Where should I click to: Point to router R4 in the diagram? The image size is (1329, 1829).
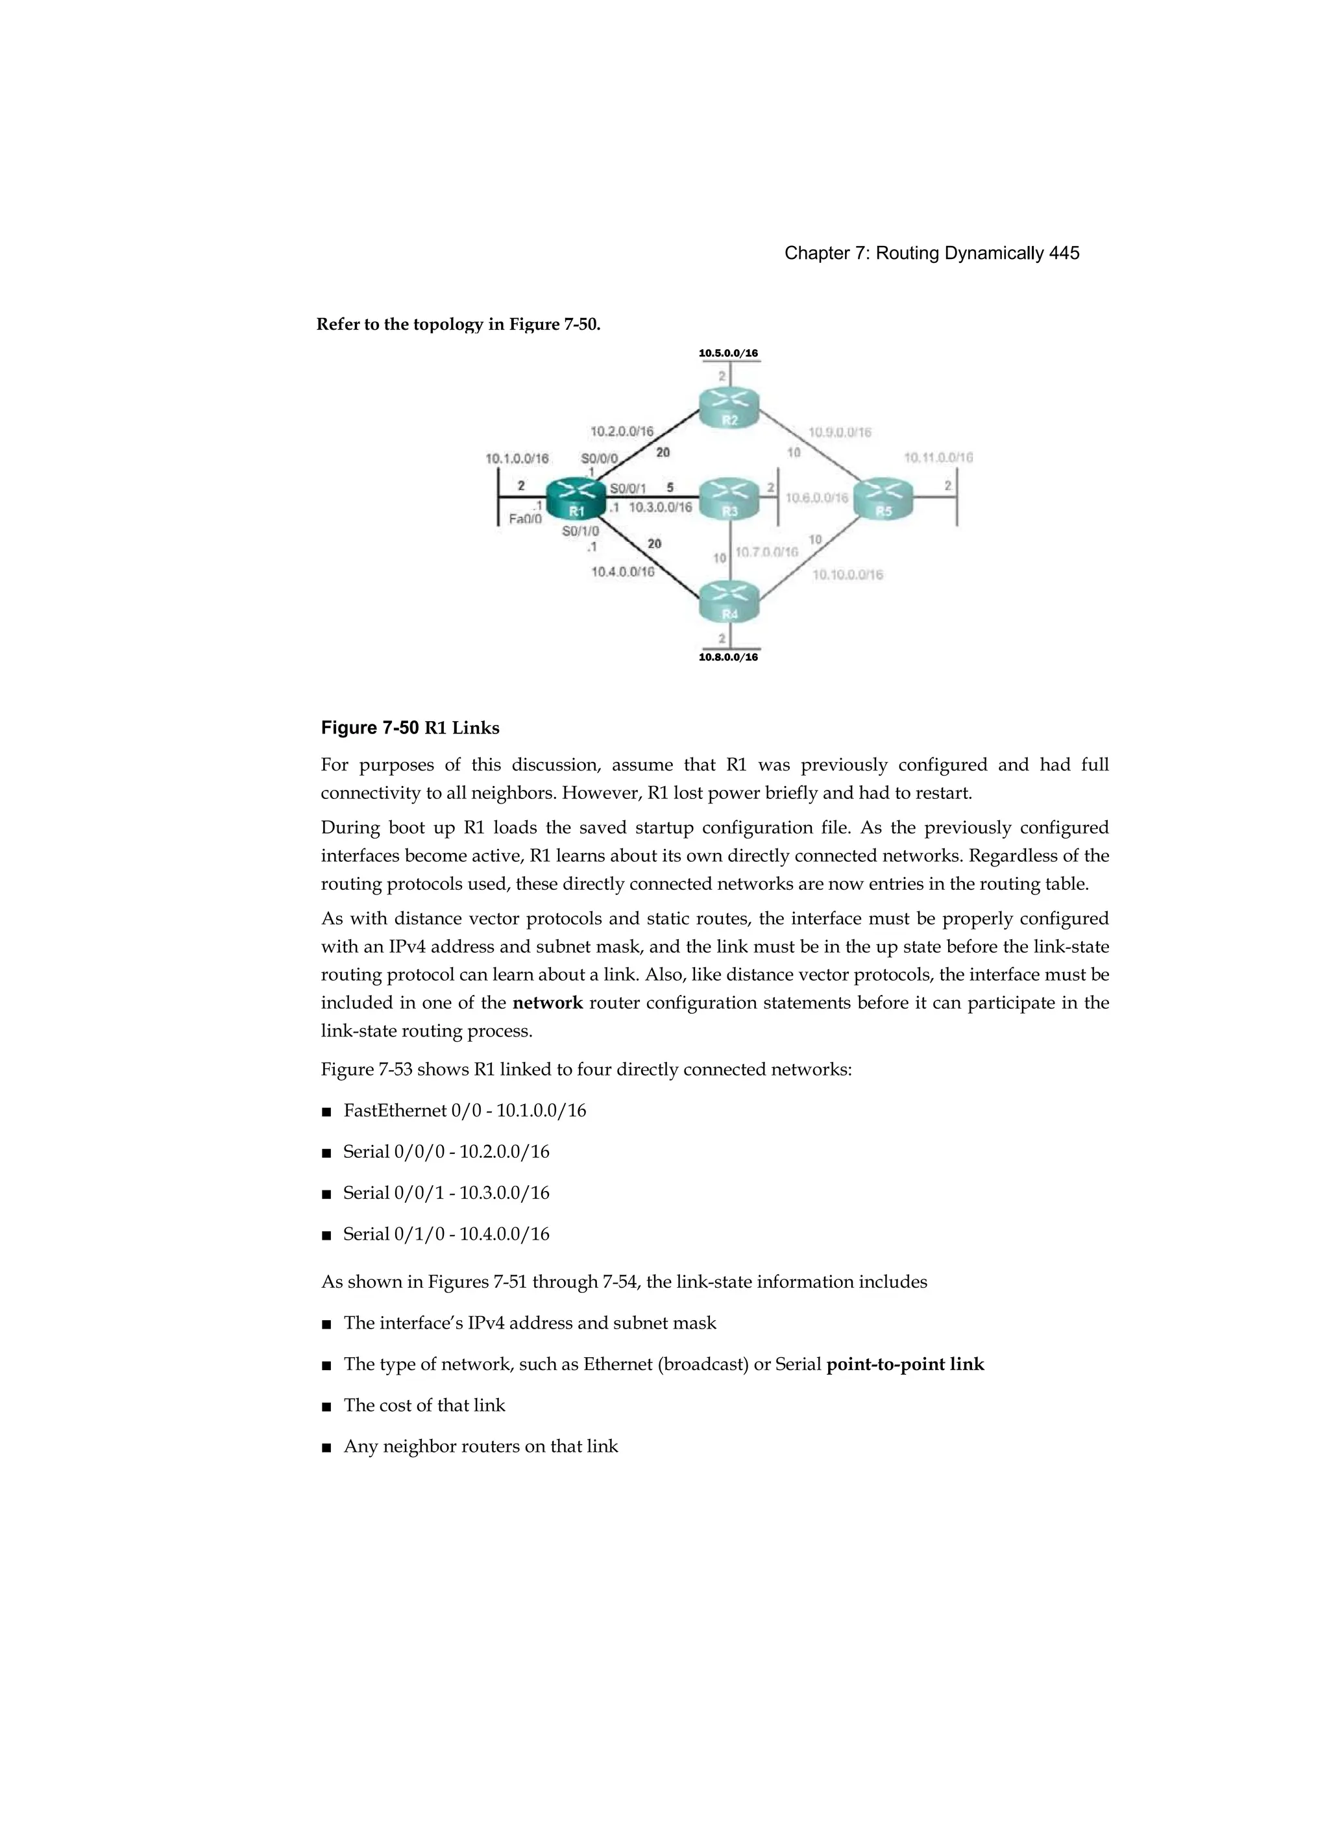click(x=729, y=602)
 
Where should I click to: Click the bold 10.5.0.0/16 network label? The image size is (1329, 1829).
click(x=728, y=353)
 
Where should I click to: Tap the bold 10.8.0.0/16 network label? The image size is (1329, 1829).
click(x=728, y=657)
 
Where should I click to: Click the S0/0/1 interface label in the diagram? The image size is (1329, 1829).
click(x=628, y=488)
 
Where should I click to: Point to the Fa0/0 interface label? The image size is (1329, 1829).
click(x=525, y=519)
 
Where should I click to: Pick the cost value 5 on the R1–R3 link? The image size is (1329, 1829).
click(x=670, y=487)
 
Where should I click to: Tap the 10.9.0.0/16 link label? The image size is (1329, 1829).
click(x=840, y=432)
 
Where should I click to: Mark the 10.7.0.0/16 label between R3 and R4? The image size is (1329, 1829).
click(x=767, y=552)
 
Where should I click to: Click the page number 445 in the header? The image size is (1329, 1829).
click(x=1064, y=253)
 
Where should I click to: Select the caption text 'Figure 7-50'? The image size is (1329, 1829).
click(x=369, y=728)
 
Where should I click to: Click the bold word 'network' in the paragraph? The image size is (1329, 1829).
click(x=548, y=1003)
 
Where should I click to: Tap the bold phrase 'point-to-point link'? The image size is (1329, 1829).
click(x=905, y=1364)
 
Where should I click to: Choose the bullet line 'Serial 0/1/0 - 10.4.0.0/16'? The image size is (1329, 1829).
click(x=446, y=1234)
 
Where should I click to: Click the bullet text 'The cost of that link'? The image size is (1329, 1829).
click(x=424, y=1406)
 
